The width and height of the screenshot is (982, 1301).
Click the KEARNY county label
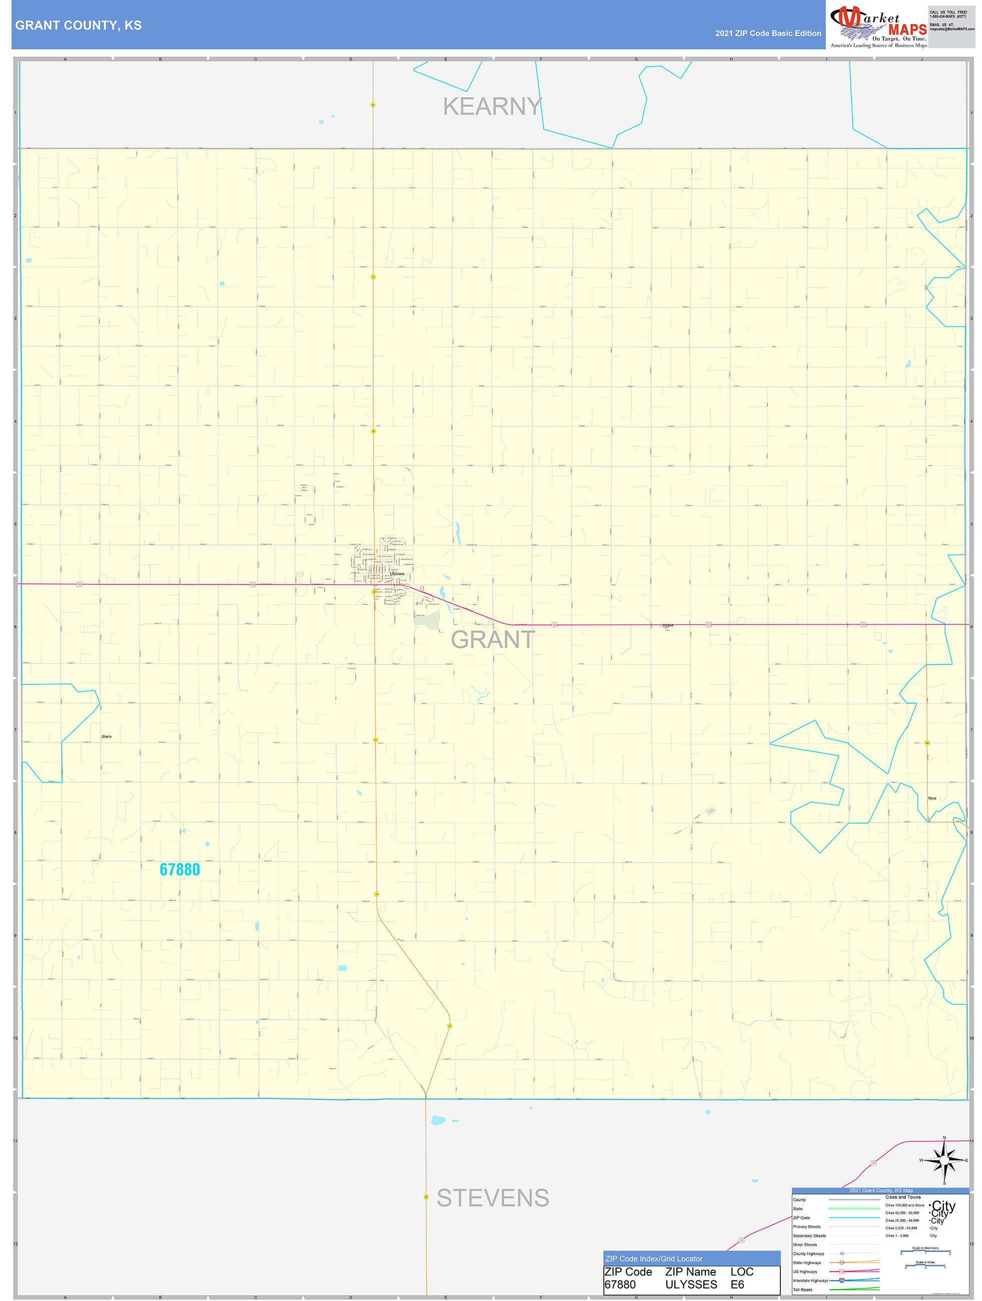pyautogui.click(x=492, y=107)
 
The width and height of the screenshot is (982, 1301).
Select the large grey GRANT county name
pyautogui.click(x=493, y=640)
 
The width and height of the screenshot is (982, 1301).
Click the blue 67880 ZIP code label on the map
pyautogui.click(x=180, y=869)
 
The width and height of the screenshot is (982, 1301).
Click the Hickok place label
pyautogui.click(x=667, y=625)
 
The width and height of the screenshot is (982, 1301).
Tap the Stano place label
pyautogui.click(x=107, y=737)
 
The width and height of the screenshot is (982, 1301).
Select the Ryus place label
pyautogui.click(x=932, y=798)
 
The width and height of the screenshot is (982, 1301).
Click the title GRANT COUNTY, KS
pyautogui.click(x=78, y=26)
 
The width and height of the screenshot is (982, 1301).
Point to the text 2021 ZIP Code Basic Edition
pyautogui.click(x=768, y=34)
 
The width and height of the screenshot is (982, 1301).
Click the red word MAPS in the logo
pyautogui.click(x=907, y=30)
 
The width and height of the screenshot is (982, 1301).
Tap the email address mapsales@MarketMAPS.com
pyautogui.click(x=951, y=29)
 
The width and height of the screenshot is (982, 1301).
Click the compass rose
pyautogui.click(x=944, y=1160)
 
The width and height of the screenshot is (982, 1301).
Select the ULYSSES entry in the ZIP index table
pyautogui.click(x=691, y=1284)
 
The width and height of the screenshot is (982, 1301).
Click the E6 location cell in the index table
pyautogui.click(x=737, y=1284)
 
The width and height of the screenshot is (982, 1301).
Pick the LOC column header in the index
pyautogui.click(x=741, y=1271)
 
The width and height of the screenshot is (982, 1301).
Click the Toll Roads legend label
pyautogui.click(x=802, y=1290)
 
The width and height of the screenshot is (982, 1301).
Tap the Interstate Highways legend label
pyautogui.click(x=810, y=1280)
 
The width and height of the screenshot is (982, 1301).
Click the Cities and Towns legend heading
pyautogui.click(x=902, y=1197)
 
